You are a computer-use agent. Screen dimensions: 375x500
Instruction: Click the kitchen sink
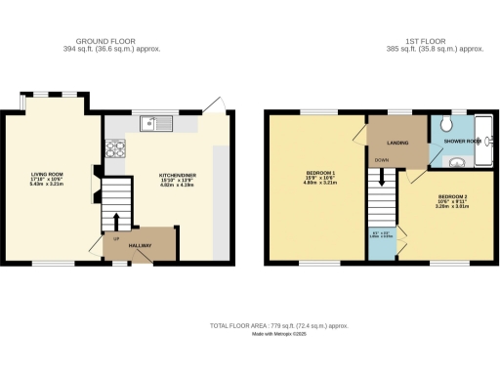(x=155, y=123)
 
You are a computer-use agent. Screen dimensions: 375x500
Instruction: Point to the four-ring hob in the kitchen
(x=112, y=149)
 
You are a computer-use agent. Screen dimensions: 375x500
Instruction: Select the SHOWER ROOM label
(x=461, y=142)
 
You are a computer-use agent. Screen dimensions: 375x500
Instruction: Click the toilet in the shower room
(x=445, y=125)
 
